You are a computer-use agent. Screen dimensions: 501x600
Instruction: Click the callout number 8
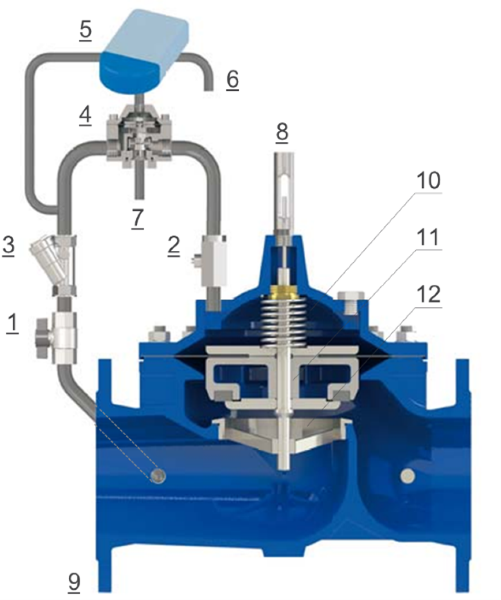[282, 132]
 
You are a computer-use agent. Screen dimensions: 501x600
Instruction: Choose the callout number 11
[429, 237]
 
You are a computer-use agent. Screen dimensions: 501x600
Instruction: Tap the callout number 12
[429, 294]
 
